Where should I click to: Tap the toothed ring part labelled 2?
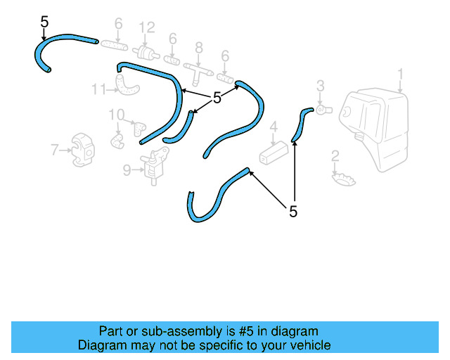[344, 179]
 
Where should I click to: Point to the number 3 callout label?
[321, 86]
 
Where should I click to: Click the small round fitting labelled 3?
[324, 110]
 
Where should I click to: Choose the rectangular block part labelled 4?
[274, 153]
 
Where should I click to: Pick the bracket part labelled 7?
[83, 150]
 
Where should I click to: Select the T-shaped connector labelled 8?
[198, 72]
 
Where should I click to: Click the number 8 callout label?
[199, 48]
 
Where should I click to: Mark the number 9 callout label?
[127, 170]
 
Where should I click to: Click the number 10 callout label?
[117, 115]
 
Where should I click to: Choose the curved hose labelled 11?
[127, 84]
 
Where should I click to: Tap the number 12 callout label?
[147, 28]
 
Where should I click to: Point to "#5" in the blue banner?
[246, 331]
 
